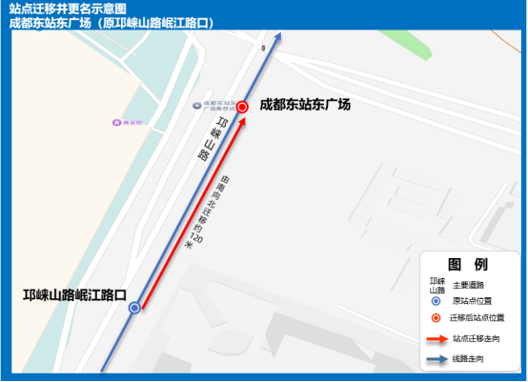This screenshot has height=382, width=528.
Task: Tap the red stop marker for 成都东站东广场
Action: coord(243,107)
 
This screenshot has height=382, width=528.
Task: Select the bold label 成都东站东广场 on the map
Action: coord(305,105)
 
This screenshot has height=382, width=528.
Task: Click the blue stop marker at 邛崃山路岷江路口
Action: coord(134,308)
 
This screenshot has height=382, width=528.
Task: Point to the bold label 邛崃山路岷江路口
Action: coord(75,295)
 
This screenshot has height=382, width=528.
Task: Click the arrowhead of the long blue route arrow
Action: coord(278,39)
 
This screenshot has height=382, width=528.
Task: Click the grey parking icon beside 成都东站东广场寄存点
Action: coord(197,106)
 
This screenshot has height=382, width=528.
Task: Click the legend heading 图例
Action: coord(468,264)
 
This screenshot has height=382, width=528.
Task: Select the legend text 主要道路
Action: coord(469,284)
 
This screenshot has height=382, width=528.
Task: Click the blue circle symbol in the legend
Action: coord(436,300)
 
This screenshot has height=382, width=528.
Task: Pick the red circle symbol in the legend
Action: coord(436,318)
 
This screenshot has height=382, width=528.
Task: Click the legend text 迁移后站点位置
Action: coord(477,318)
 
